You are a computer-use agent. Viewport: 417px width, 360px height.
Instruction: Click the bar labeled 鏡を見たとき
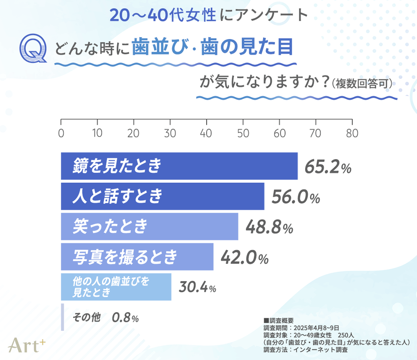179,166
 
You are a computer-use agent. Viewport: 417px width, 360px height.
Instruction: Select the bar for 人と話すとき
162,196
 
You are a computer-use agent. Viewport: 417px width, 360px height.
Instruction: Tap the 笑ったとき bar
149,227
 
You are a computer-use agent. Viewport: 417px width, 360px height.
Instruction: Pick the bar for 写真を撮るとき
137,257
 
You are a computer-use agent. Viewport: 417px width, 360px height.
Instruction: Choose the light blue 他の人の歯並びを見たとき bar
116,287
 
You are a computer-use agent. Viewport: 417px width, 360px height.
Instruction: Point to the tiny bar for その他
63,317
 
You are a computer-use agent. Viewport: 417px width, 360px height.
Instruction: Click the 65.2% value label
328,167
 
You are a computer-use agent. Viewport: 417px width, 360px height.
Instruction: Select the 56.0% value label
295,197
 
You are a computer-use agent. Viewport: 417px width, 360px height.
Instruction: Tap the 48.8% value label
269,227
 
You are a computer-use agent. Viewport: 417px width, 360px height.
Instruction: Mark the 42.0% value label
244,258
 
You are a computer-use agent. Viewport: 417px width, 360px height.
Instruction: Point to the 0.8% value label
126,317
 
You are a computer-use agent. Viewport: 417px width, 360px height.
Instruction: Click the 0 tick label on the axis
61,133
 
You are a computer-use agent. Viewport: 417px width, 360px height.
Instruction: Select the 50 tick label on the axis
243,133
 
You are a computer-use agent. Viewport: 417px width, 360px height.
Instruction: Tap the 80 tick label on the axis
352,133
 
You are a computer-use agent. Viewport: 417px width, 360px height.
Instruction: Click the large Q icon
33,49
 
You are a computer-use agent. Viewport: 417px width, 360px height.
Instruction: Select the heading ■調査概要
278,320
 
